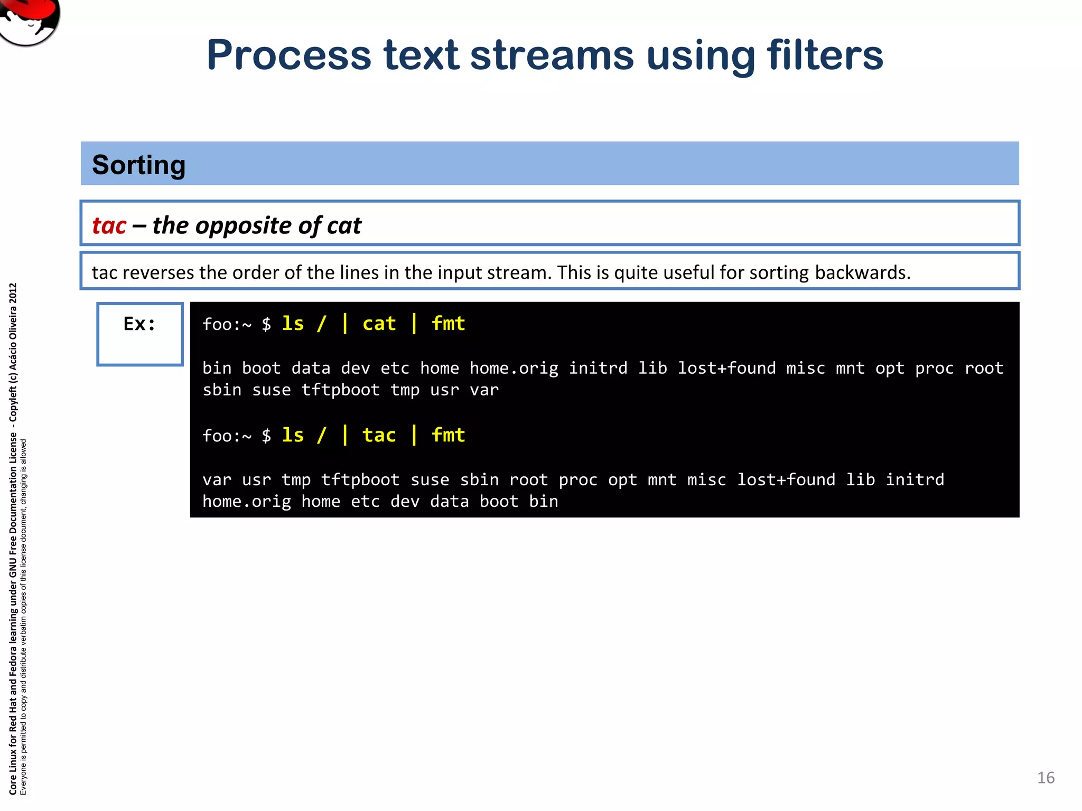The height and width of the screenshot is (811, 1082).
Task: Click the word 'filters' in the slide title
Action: pyautogui.click(x=825, y=55)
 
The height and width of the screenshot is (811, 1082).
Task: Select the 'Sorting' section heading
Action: pyautogui.click(x=139, y=165)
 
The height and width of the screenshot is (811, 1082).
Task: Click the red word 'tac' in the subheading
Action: pyautogui.click(x=109, y=225)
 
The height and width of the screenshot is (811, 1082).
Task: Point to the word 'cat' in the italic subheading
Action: pyautogui.click(x=344, y=225)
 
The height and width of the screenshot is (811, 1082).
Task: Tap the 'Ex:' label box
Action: pyautogui.click(x=140, y=334)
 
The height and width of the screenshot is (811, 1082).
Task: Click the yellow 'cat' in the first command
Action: pyautogui.click(x=379, y=324)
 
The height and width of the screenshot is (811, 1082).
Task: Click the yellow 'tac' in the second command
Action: pyautogui.click(x=379, y=435)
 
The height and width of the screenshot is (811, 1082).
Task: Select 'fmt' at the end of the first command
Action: pyautogui.click(x=448, y=324)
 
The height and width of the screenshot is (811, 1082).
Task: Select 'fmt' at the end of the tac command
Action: pyautogui.click(x=448, y=435)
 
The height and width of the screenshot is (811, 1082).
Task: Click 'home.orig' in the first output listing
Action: pyautogui.click(x=514, y=368)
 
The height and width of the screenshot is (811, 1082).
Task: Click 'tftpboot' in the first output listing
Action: pyautogui.click(x=340, y=390)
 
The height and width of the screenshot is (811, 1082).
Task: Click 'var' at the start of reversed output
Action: pyautogui.click(x=217, y=479)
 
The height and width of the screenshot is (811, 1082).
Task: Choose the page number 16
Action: pyautogui.click(x=1046, y=778)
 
